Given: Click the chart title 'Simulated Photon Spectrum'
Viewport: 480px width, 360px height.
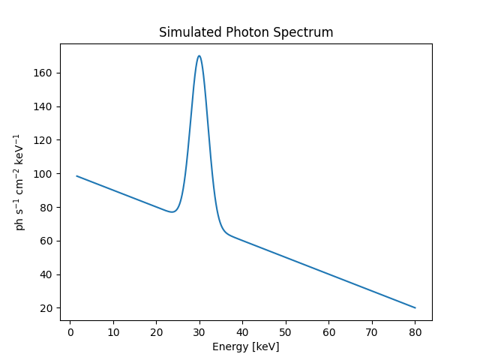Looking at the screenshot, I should [246, 33].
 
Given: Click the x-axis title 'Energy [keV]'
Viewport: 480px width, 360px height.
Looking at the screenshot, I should [246, 346].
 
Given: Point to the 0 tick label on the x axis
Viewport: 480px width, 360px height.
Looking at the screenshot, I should [70, 331].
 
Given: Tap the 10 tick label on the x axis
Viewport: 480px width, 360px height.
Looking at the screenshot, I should [112, 331].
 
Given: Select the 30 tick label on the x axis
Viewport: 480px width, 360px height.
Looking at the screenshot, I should [199, 331].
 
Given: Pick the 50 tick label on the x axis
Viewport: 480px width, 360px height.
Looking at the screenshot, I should [286, 331].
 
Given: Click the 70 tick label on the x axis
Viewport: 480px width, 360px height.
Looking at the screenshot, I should [372, 331].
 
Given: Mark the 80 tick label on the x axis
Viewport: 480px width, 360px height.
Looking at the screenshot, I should [415, 331].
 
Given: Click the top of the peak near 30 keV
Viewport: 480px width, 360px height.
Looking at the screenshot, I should [199, 55].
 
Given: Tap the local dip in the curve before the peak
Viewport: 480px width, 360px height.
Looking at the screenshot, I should [172, 212].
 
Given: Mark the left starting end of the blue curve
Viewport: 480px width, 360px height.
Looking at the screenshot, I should [76, 176].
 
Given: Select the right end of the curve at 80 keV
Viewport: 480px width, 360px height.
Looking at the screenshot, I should [415, 307].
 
